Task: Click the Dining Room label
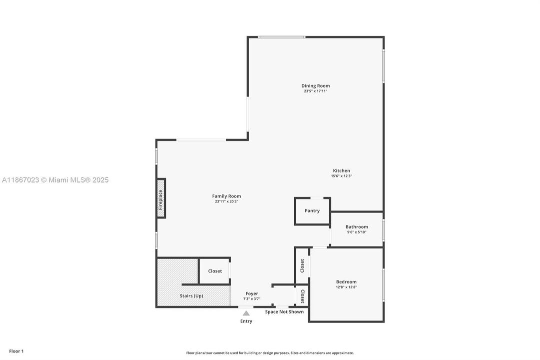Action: (315, 85)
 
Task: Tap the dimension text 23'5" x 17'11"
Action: (315, 91)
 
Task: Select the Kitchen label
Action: (341, 170)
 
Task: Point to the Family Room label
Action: (226, 196)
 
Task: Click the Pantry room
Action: (312, 211)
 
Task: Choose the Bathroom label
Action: (357, 226)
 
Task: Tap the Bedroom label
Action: (346, 281)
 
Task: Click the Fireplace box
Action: (161, 198)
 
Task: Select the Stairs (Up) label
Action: (191, 295)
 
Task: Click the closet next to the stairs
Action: (215, 271)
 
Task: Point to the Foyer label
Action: (252, 293)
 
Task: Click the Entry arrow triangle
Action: (246, 313)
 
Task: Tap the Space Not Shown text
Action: (284, 312)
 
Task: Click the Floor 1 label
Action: (16, 351)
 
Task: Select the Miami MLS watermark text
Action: (55, 180)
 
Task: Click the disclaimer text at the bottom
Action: (270, 353)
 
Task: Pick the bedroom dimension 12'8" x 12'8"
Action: (346, 287)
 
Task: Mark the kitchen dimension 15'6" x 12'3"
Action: (341, 176)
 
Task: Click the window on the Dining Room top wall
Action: (281, 37)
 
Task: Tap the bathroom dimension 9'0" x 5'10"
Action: (357, 232)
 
